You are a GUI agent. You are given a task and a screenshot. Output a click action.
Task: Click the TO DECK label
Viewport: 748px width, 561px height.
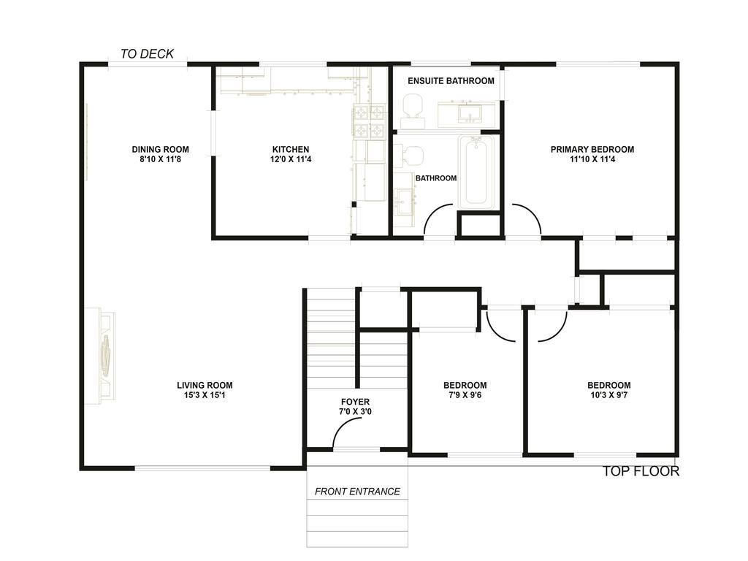coord(147,53)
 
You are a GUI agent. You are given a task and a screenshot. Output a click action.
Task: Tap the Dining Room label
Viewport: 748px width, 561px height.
coord(160,149)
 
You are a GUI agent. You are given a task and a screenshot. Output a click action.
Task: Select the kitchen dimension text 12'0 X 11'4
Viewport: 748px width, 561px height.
coord(291,159)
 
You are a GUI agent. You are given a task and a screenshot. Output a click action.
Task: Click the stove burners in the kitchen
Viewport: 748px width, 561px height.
coord(370,121)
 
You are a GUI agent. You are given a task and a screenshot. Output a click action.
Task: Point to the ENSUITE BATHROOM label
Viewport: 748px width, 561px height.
coord(451,80)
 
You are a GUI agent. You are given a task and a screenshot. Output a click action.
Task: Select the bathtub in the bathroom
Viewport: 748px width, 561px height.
coord(477,171)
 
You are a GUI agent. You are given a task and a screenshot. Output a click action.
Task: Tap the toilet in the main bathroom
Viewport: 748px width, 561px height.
coord(411,156)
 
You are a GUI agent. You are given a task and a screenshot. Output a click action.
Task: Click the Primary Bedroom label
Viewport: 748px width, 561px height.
coord(592,149)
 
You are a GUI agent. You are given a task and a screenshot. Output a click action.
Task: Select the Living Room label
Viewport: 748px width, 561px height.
coord(205,386)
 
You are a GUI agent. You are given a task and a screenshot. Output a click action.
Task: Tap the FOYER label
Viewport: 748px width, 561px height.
coord(355,402)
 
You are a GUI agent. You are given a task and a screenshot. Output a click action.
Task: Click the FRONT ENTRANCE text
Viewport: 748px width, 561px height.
coord(357,492)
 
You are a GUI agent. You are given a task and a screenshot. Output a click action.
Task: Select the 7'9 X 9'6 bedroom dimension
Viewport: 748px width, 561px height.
coord(465,395)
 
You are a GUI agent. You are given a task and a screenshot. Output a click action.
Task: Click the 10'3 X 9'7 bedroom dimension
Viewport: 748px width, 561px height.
coord(608,395)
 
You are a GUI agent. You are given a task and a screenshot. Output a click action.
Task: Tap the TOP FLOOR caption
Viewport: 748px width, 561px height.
coord(641,471)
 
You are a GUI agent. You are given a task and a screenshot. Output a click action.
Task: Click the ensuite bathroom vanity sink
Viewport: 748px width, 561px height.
coord(465,114)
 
